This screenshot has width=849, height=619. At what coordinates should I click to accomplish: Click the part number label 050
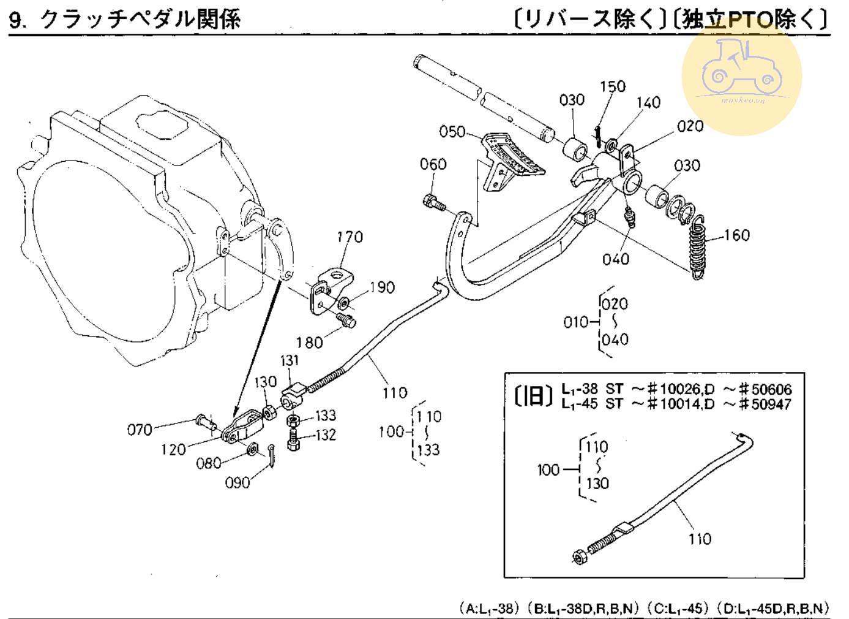(452, 131)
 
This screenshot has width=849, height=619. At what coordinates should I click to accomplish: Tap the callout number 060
(433, 164)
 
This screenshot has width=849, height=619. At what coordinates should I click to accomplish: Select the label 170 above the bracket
(350, 237)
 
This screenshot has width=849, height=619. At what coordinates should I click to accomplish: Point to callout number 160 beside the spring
(736, 235)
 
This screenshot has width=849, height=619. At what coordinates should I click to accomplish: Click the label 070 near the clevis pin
(140, 430)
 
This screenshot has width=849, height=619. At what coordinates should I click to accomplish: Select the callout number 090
(237, 483)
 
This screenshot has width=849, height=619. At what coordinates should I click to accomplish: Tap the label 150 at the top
(613, 86)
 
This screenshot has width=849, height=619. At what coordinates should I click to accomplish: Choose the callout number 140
(648, 102)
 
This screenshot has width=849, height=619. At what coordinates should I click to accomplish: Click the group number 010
(576, 322)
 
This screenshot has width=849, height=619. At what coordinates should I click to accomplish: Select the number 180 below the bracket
(309, 343)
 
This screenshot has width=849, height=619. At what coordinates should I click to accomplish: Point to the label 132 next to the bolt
(325, 435)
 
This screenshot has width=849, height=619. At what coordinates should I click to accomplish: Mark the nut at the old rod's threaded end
(578, 557)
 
